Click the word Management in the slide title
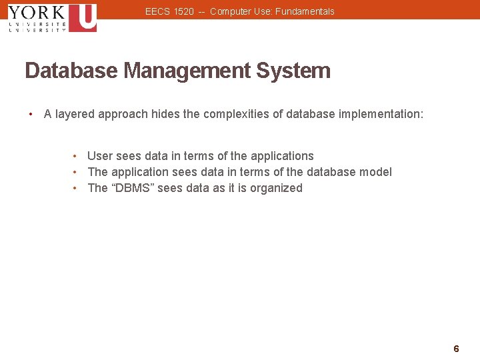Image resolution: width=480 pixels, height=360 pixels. (x=182, y=71)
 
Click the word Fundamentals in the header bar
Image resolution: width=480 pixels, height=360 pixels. (x=305, y=11)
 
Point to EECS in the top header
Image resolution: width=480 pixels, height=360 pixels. (x=156, y=11)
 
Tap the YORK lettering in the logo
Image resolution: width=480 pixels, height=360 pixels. (x=37, y=12)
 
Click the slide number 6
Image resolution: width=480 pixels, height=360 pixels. (x=456, y=349)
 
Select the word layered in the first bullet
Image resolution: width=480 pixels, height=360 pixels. (x=75, y=114)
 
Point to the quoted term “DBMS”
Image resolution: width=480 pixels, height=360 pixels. (x=132, y=188)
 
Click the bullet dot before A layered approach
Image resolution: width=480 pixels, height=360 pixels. (x=31, y=114)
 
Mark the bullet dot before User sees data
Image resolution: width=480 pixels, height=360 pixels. (x=75, y=156)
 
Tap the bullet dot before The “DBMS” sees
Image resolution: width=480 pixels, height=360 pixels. (x=75, y=188)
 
